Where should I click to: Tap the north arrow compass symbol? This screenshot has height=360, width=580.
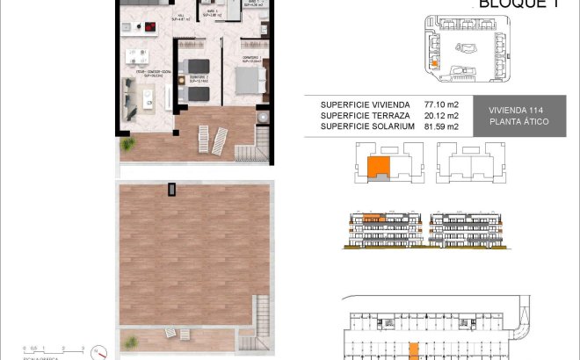pos(103,350)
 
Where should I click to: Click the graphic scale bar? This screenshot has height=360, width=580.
pos(53,349)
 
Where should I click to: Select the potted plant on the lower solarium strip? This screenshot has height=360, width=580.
pos(132,337)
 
